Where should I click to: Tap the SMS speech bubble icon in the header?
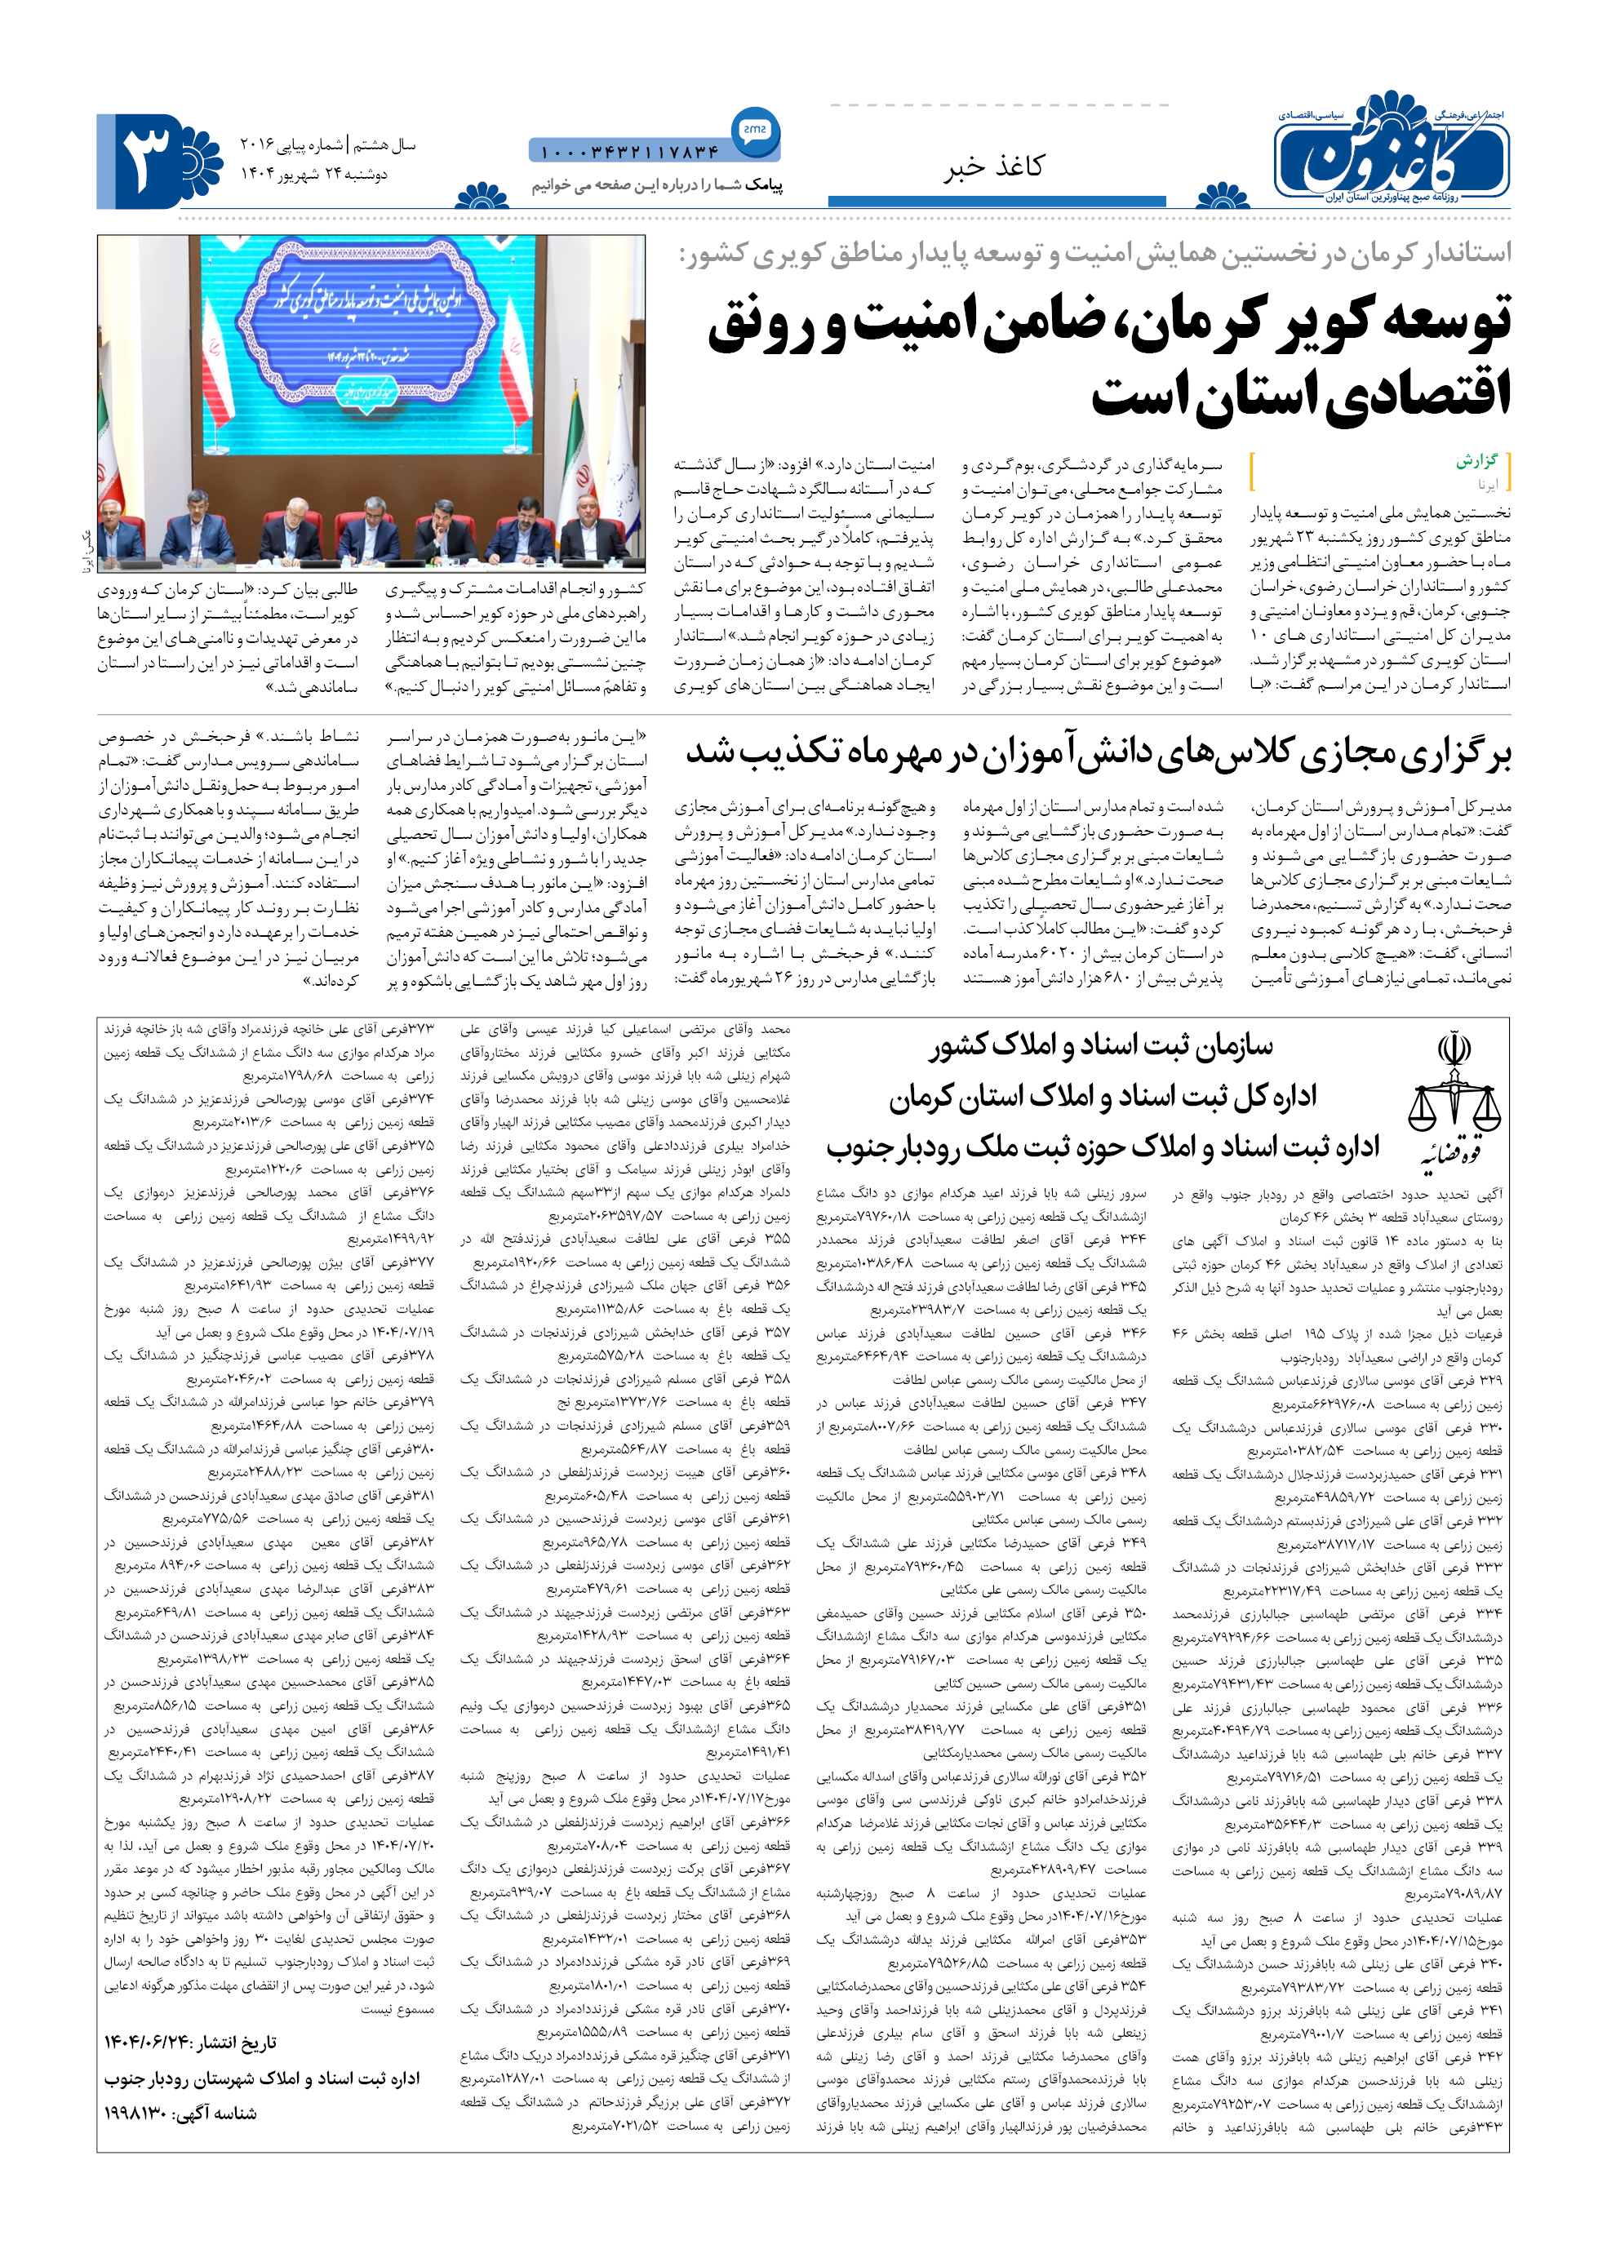pos(755,130)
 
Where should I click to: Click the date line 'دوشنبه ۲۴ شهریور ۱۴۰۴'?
pos(315,175)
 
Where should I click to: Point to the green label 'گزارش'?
pos(1476,461)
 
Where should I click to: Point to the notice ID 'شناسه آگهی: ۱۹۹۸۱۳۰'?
pos(180,2114)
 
